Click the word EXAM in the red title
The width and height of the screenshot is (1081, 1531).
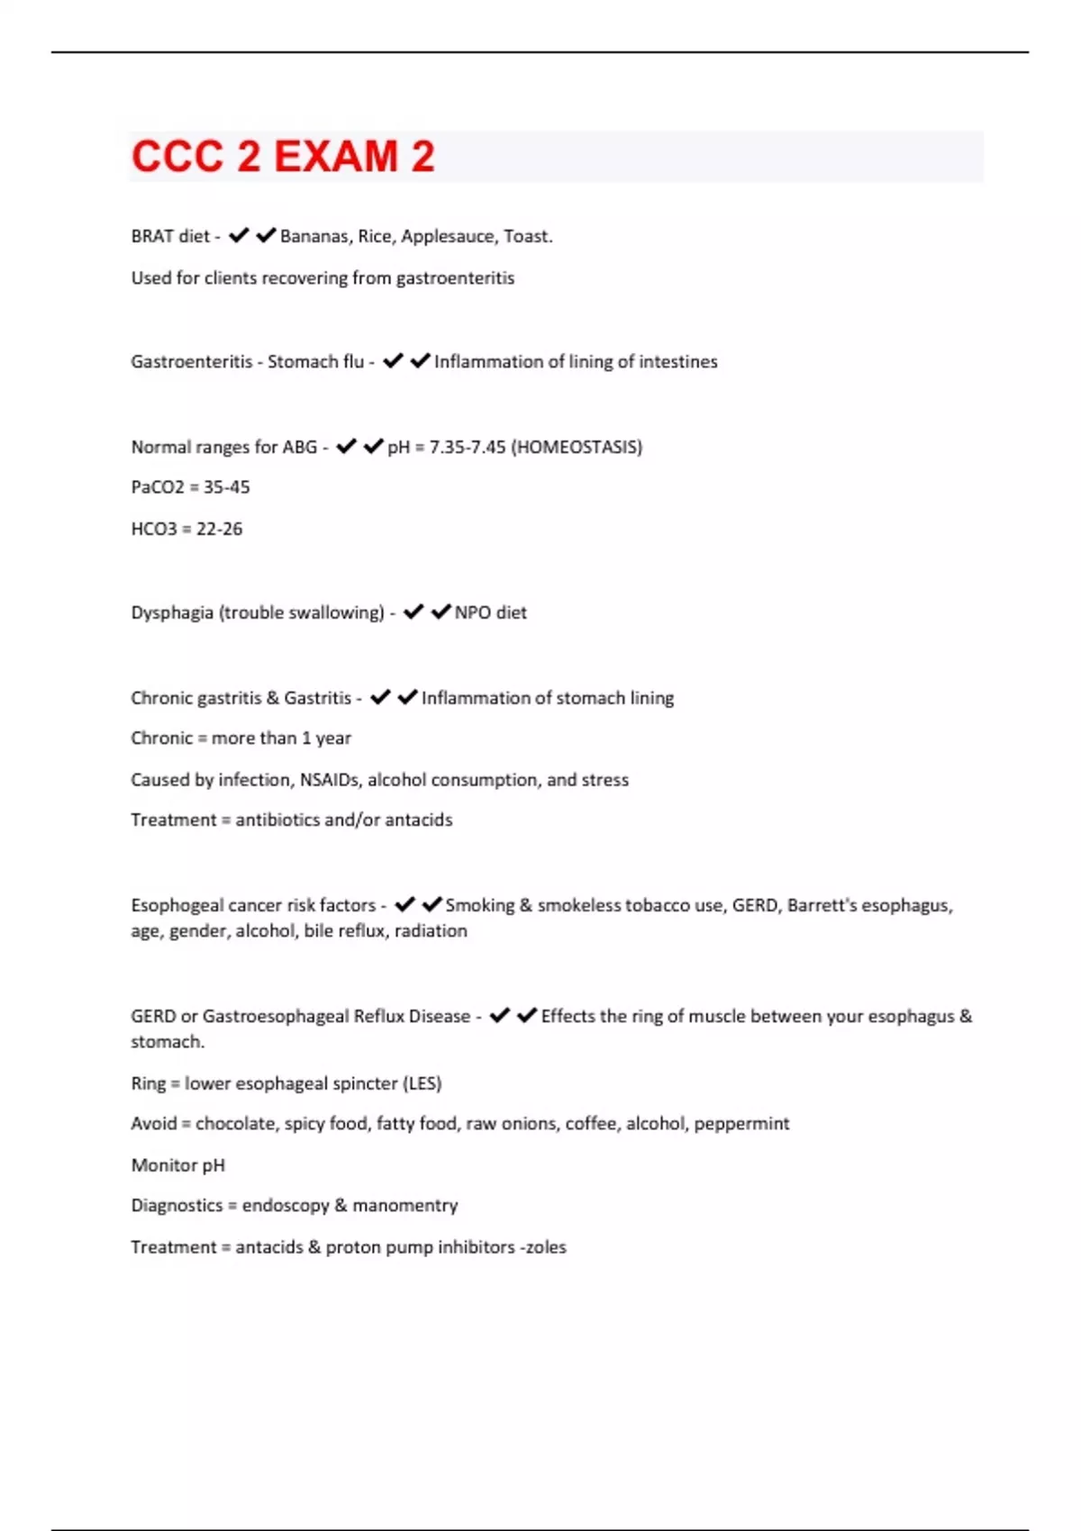pyautogui.click(x=335, y=157)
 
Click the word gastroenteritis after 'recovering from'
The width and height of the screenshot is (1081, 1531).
pyautogui.click(x=455, y=278)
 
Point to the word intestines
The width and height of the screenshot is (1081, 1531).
pyautogui.click(x=678, y=362)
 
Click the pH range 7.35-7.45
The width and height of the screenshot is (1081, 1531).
pyautogui.click(x=468, y=448)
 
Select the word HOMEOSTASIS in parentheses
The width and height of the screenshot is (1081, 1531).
pyautogui.click(x=577, y=448)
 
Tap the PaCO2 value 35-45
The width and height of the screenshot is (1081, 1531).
pyautogui.click(x=227, y=487)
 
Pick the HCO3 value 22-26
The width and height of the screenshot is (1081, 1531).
pyautogui.click(x=220, y=529)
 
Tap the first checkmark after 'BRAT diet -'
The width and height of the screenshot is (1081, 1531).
pyautogui.click(x=238, y=236)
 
